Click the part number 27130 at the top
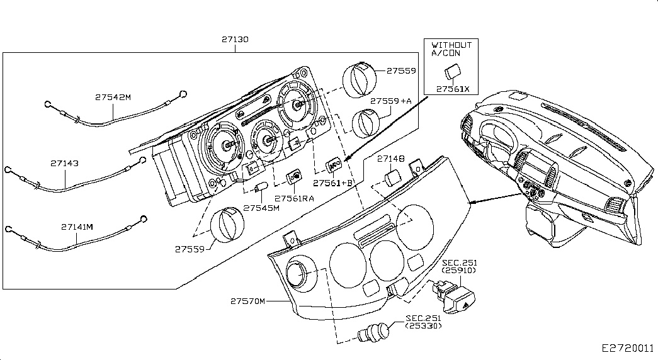(235, 39)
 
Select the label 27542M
(113, 98)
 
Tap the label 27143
(65, 163)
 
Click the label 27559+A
(390, 101)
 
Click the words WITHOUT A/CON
(451, 49)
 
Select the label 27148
(391, 160)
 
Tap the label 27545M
(261, 208)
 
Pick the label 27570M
(248, 301)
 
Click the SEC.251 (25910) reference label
(458, 266)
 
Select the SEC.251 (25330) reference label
(423, 322)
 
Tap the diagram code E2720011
(628, 347)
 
